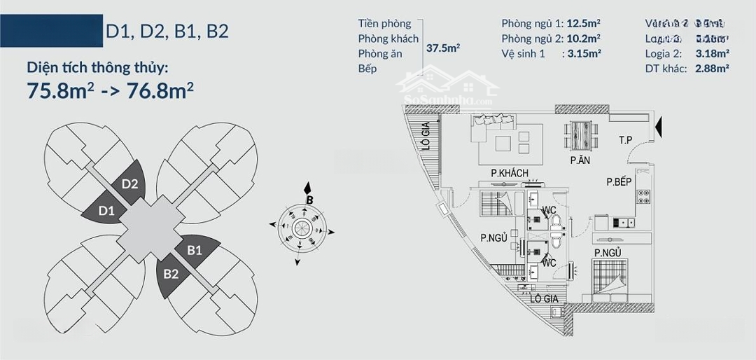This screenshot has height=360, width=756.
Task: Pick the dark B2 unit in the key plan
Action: point(172,274)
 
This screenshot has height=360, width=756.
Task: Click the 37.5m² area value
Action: point(443,48)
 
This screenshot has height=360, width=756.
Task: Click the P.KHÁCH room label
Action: point(509,173)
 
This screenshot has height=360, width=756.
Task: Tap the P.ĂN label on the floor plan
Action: point(578,160)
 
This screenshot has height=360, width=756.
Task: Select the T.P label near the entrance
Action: point(625,140)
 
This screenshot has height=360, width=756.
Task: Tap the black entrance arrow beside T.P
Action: point(661,127)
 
